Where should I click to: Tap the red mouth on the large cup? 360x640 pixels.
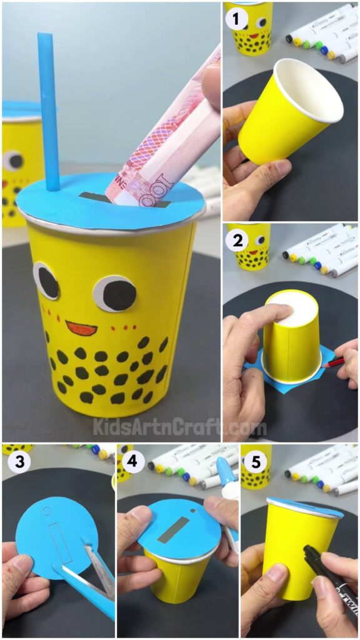coord(81,327)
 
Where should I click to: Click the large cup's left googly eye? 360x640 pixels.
coord(47,281)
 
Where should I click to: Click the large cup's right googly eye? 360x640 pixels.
coord(115,292)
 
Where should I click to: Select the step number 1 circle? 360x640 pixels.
coord(236,19)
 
